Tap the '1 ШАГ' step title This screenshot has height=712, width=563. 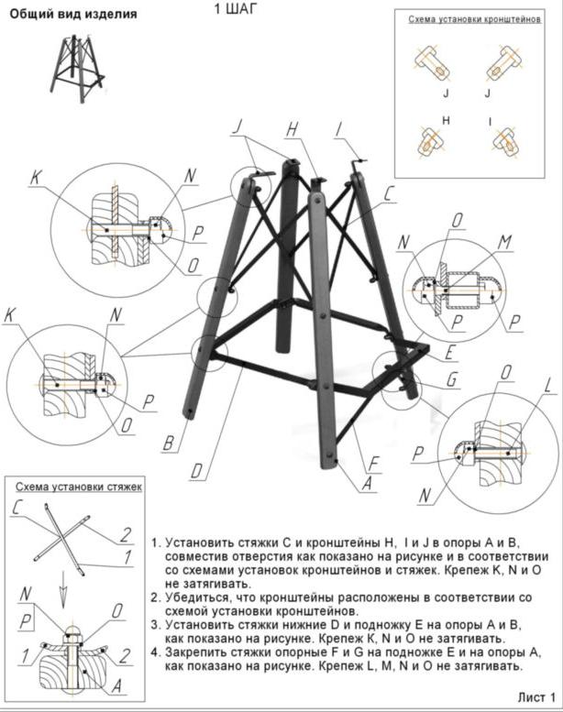point(236,9)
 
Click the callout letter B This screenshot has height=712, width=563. point(168,444)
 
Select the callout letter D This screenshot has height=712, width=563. point(196,473)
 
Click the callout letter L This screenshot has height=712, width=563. point(547,386)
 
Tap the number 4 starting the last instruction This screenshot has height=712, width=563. point(155,652)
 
